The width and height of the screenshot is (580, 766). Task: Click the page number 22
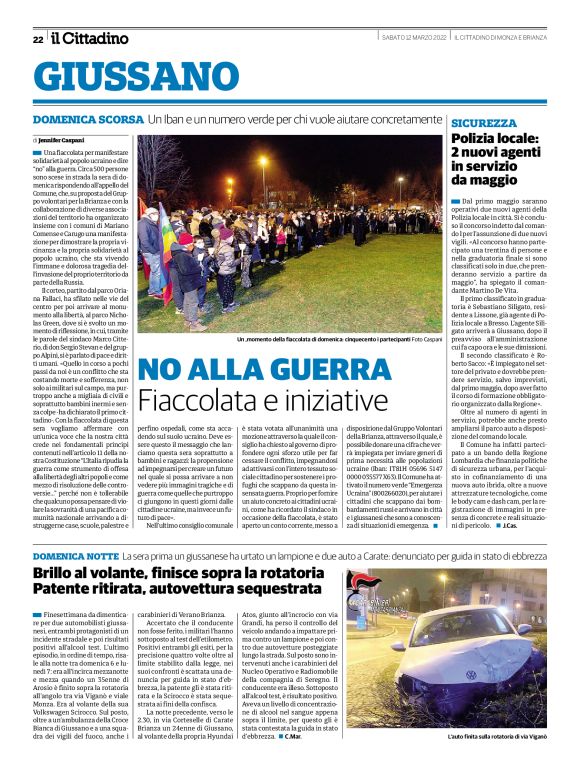click(38, 38)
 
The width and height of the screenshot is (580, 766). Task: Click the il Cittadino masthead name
click(91, 38)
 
